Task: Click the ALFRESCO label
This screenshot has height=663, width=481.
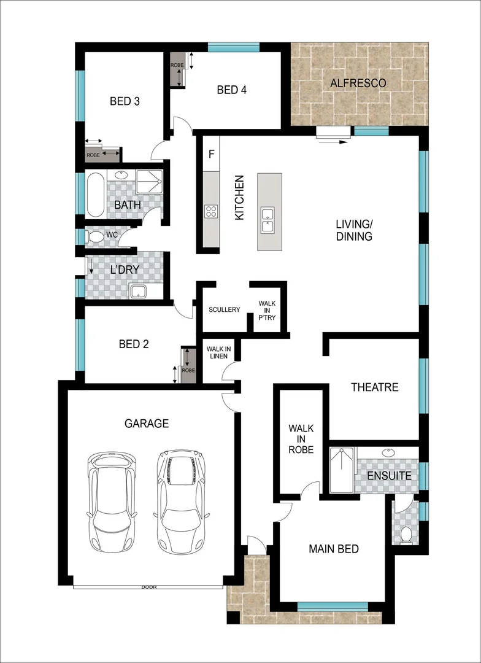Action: tap(358, 83)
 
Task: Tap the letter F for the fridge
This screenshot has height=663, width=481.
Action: tap(211, 153)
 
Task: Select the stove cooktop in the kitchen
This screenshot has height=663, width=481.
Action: tap(211, 211)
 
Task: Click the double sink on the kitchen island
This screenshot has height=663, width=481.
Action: tap(268, 220)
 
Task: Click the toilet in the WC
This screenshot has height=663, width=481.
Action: tap(95, 237)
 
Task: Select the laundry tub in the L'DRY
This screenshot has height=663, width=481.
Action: tap(139, 290)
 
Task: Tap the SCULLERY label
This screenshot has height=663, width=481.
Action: tap(224, 309)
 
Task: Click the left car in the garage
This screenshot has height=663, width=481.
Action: tap(112, 501)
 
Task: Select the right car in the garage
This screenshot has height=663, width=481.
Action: tap(181, 501)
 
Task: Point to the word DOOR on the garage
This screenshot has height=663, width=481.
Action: tap(149, 587)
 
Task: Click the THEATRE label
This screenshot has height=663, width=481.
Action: tap(374, 387)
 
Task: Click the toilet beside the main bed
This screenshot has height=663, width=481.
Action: tap(405, 535)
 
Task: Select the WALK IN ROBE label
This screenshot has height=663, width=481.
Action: tap(301, 438)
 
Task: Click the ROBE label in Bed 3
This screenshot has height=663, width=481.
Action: tap(93, 155)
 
